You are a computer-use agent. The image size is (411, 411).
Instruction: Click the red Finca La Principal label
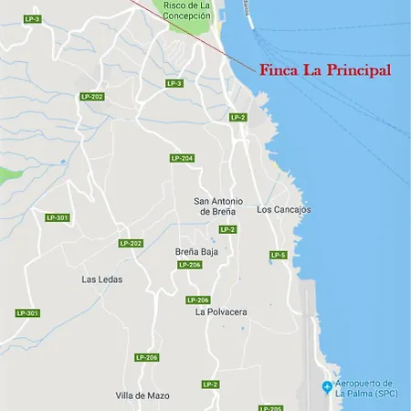[325, 70]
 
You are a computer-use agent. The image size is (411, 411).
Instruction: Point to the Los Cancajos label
[284, 209]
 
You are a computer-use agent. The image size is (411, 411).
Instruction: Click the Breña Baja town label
[195, 250]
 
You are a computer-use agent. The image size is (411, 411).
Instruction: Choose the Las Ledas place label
[101, 279]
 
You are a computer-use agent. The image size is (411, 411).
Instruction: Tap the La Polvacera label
[221, 311]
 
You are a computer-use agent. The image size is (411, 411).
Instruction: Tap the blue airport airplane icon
[328, 388]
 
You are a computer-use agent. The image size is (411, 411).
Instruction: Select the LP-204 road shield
[182, 158]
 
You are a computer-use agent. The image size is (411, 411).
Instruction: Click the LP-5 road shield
[279, 255]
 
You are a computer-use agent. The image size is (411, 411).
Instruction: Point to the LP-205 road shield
[270, 408]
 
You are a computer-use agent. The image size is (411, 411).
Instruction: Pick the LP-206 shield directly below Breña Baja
[189, 265]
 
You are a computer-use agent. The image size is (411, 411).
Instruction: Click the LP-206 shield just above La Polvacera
[198, 300]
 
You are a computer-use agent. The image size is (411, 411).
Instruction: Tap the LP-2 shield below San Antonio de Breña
[227, 229]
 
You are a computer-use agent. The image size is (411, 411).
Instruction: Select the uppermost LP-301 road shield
[57, 217]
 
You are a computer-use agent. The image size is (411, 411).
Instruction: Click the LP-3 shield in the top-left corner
[32, 18]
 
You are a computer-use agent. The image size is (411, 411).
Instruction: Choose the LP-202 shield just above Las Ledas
[131, 243]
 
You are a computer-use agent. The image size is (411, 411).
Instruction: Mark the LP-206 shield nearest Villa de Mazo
[146, 357]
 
